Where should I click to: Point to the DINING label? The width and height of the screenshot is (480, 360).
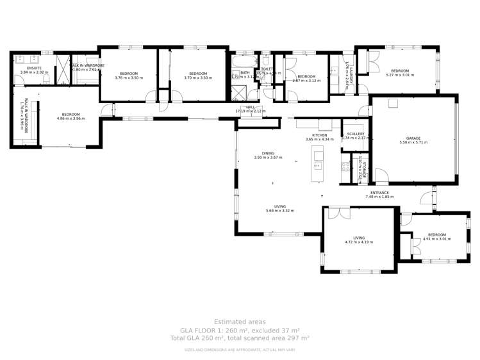point(268,153)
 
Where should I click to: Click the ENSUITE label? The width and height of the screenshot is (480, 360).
point(34,68)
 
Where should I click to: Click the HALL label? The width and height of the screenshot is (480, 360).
point(251,108)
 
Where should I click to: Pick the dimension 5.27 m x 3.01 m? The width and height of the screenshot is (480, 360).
point(400,75)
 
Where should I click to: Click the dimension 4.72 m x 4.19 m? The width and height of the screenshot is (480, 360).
point(359,242)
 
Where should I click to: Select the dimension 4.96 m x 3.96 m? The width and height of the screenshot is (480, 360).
point(70,119)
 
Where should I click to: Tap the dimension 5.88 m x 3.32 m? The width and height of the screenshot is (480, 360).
point(279,210)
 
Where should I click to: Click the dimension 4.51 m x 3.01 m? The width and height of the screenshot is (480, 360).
point(436,239)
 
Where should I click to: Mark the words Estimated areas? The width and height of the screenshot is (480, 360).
point(240,322)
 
